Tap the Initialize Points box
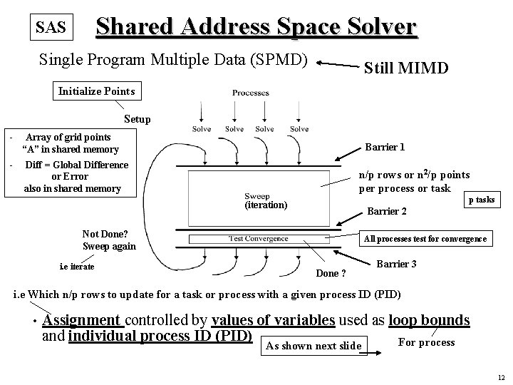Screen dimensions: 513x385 point(96,91)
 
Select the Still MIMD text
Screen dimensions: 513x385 point(406,68)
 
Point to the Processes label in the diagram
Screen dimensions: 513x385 point(250,93)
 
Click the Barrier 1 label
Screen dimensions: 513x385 point(385,147)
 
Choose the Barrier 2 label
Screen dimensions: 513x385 point(386,211)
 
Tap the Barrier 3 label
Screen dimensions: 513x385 point(395,264)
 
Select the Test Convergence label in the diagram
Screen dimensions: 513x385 point(259,238)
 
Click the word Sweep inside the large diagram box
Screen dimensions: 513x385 point(256,195)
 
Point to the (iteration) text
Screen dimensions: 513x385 point(266,205)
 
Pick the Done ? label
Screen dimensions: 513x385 point(331,273)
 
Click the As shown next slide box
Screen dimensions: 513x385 point(313,346)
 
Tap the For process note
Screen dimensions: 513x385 point(426,342)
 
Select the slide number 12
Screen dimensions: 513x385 point(502,377)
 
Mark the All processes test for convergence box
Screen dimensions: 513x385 point(425,239)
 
